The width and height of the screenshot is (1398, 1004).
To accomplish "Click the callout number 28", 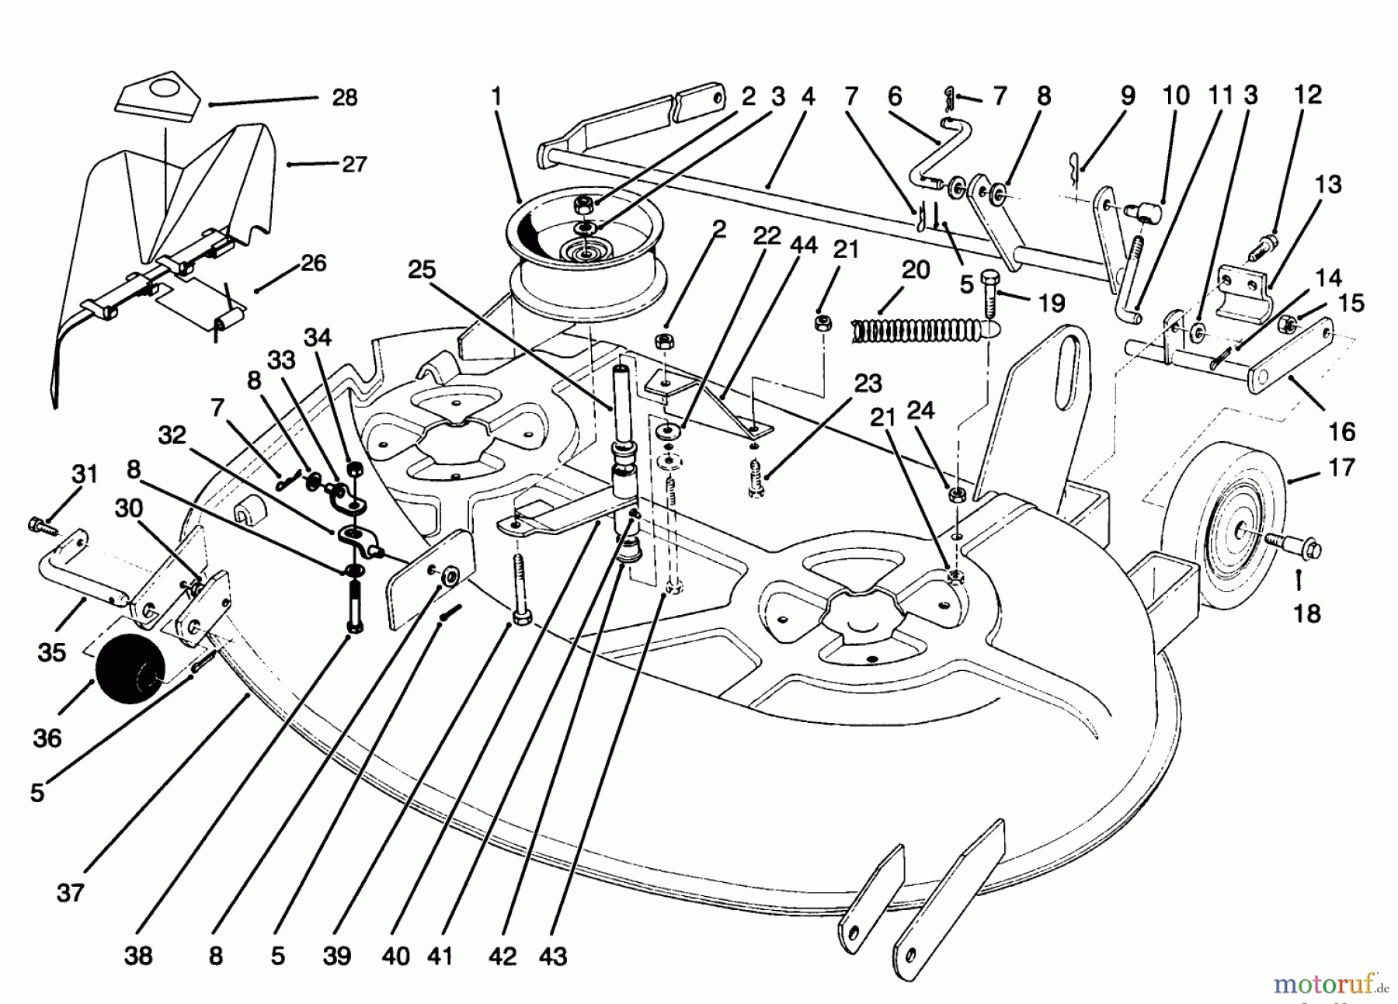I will coord(344,98).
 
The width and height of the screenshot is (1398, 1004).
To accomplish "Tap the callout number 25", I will coord(423,270).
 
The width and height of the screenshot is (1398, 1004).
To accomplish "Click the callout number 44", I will coord(802,245).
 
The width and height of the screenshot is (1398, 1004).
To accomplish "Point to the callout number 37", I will coord(70,893).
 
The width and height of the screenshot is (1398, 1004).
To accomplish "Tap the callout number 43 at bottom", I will coord(553,956).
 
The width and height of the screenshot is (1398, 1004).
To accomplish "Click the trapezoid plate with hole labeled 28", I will coord(158,98).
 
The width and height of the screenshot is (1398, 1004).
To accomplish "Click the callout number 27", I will coord(354,165).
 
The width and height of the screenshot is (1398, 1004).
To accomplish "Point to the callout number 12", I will coord(1308,95).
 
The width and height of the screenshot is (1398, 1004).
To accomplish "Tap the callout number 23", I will coord(868,384).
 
